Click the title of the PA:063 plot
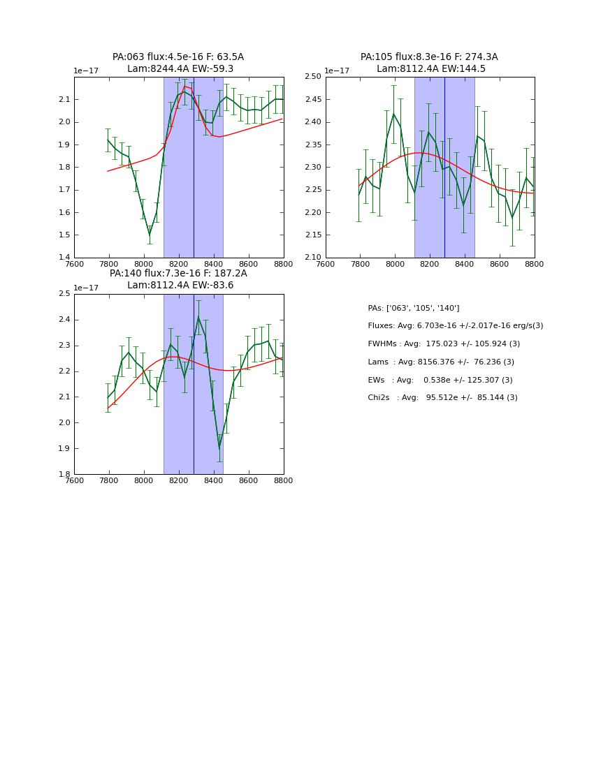tap(178, 63)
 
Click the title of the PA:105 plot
tap(429, 63)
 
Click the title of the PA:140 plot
tap(178, 279)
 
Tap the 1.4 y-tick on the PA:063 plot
tap(62, 258)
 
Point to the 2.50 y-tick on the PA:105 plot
tap(312, 77)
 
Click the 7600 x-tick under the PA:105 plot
tap(326, 264)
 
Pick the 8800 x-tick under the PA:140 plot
tap(283, 480)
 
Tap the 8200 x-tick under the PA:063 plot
tap(179, 264)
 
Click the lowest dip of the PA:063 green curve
tap(150, 234)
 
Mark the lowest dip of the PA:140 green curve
tap(219, 447)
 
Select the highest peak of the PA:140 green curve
tap(198, 318)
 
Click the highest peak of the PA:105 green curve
tap(393, 114)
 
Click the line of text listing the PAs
tap(414, 308)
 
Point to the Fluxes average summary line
tap(455, 326)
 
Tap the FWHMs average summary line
tap(444, 344)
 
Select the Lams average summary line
tap(441, 362)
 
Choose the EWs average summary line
tap(440, 380)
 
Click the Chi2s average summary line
tap(442, 397)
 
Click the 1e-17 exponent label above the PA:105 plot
tap(337, 71)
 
